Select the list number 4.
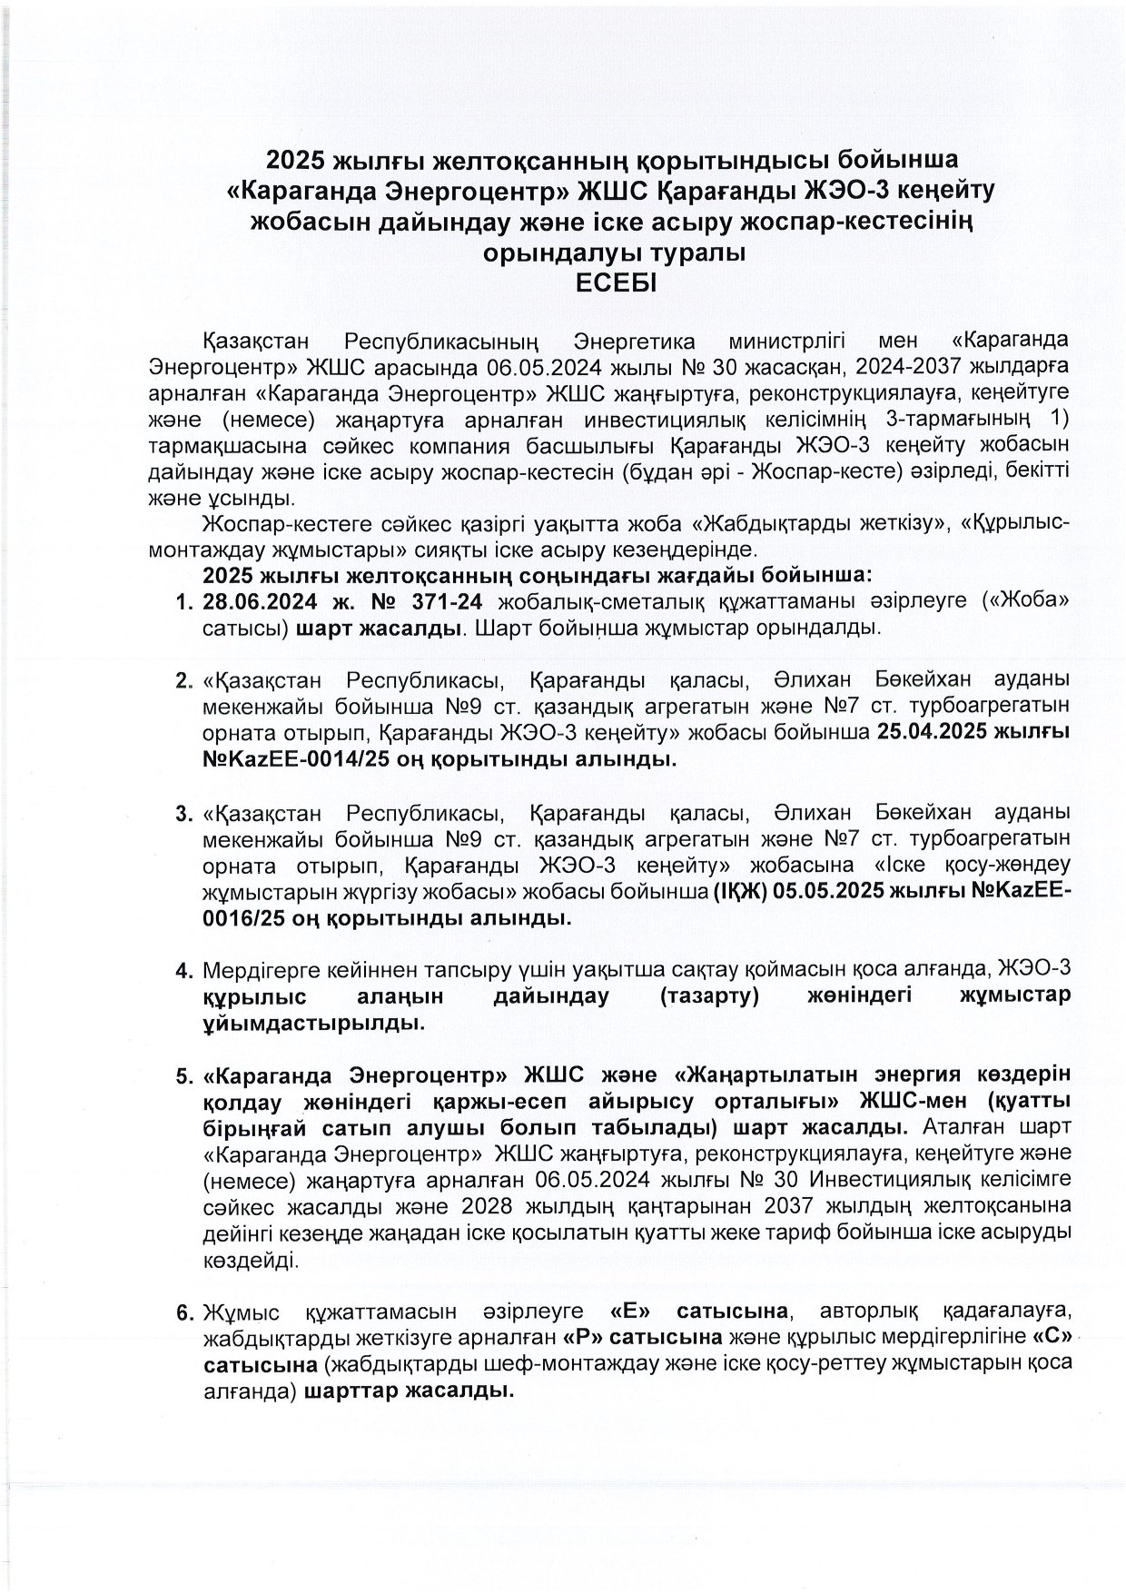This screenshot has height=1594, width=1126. click(x=183, y=971)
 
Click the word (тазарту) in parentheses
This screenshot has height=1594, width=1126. click(x=710, y=996)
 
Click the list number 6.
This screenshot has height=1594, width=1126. click(x=183, y=1313)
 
